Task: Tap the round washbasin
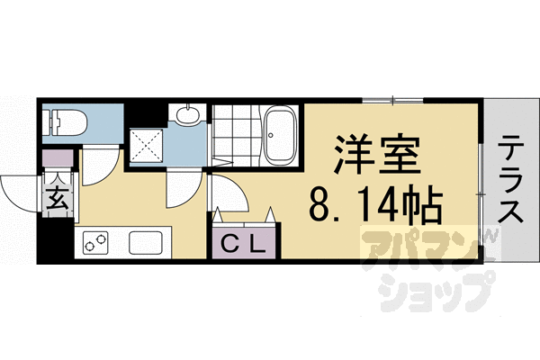(x=187, y=115)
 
